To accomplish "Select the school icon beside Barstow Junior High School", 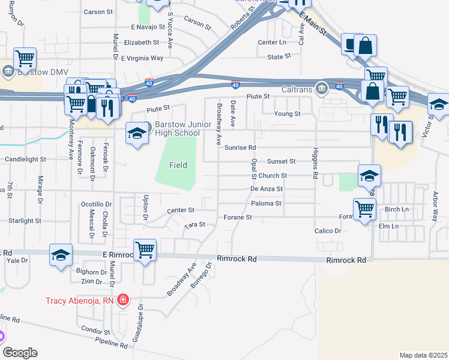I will (137, 134).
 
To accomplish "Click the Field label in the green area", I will (178, 165).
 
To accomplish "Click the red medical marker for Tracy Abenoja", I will (123, 299).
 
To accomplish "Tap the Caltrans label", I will (298, 90).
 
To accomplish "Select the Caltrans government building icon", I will (322, 90).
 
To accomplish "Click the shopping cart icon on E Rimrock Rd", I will (145, 250).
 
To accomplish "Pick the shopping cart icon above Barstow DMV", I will (25, 59).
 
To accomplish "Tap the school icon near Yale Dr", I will (60, 254).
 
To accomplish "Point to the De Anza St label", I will (267, 188).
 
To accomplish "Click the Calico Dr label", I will (327, 230).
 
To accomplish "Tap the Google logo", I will (20, 353).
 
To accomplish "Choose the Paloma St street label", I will (266, 203).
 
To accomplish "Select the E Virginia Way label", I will (142, 58).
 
